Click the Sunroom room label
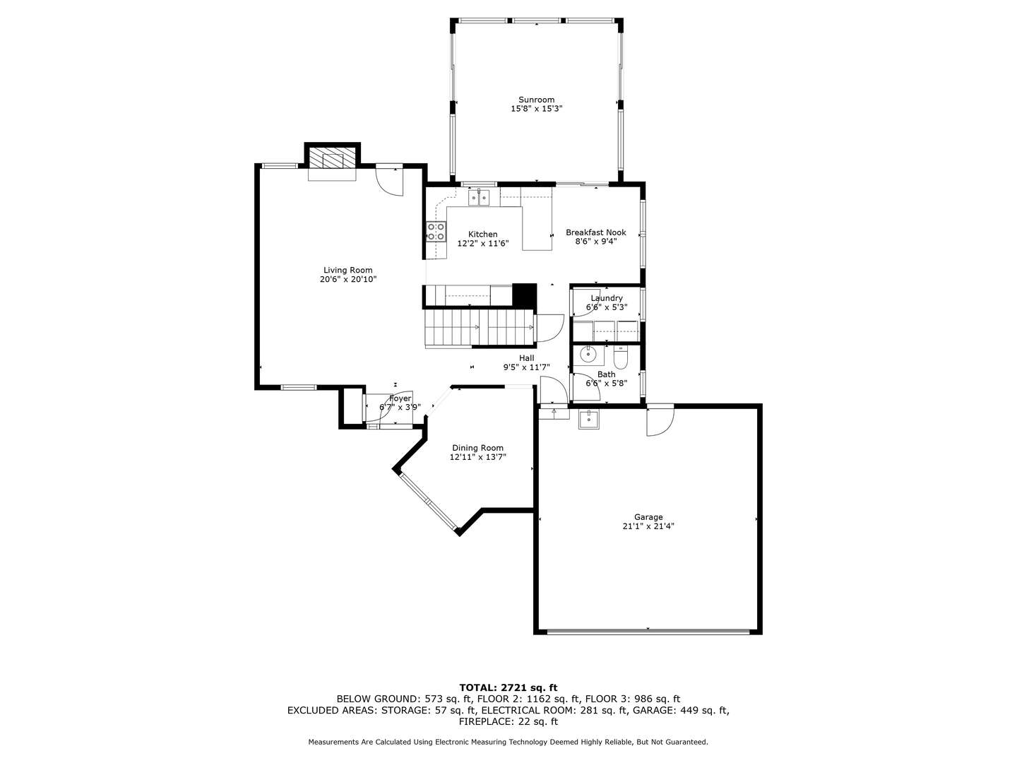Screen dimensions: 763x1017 point(536,100)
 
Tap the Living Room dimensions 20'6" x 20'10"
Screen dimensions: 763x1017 point(347,279)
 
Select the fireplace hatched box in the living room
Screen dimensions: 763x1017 point(333,160)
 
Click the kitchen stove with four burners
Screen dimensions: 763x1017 point(436,231)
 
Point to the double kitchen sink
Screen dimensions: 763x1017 point(480,197)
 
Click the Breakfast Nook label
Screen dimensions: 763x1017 point(595,232)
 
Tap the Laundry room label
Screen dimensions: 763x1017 point(607,298)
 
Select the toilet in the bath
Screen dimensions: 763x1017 point(620,356)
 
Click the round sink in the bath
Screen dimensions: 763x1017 point(588,354)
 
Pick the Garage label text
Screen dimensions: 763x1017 point(648,517)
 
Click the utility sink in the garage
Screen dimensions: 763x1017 point(588,420)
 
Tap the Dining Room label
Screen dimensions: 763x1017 point(477,448)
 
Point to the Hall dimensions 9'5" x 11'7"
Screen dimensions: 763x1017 point(526,367)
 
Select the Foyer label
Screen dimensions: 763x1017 point(400,398)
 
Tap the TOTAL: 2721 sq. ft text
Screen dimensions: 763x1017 point(508,687)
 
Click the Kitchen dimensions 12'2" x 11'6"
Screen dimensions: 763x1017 point(482,243)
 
